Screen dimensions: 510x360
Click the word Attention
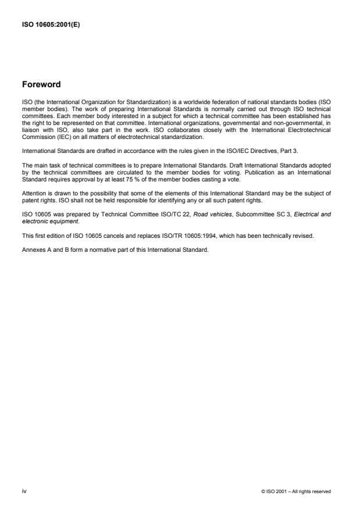click(34, 174)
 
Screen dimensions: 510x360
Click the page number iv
click(24, 491)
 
